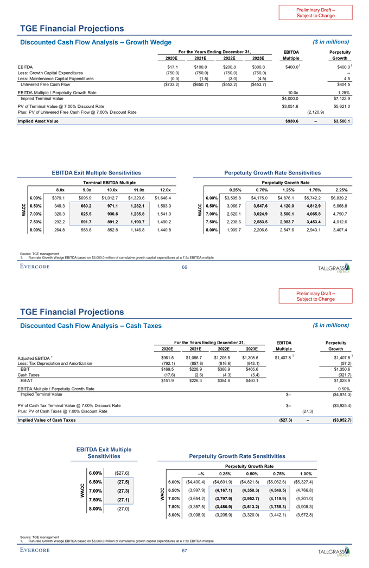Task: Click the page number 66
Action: [x=184, y=267]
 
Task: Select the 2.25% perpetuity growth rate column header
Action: [x=341, y=190]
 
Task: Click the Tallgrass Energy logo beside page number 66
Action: [x=333, y=268]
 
